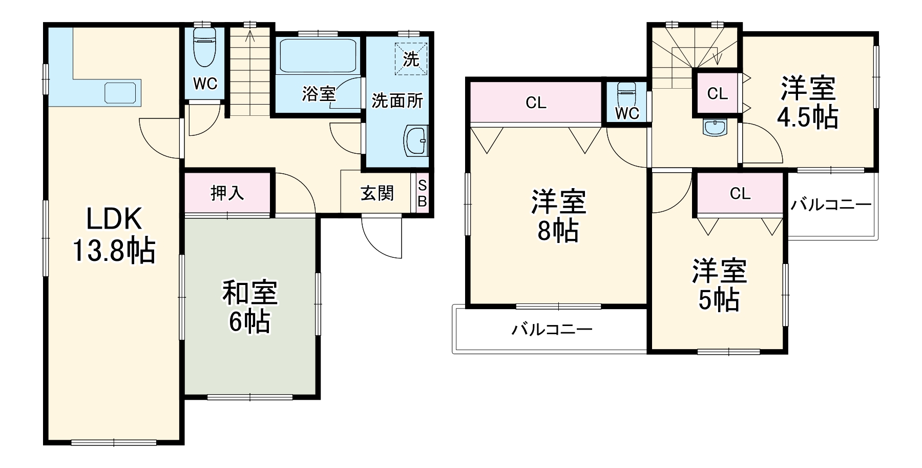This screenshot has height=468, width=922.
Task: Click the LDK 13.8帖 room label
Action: (x=114, y=235)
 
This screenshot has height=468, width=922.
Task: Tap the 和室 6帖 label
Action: (x=249, y=307)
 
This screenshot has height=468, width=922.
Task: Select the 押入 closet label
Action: (x=227, y=193)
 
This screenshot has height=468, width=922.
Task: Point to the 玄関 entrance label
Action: (x=377, y=193)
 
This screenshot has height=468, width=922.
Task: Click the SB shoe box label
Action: (x=422, y=193)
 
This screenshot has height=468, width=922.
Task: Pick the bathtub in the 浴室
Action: (x=318, y=55)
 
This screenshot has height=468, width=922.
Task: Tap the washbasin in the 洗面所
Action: (x=416, y=140)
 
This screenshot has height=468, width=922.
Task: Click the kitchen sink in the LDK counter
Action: (x=122, y=93)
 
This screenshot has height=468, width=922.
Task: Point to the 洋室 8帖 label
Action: (x=558, y=216)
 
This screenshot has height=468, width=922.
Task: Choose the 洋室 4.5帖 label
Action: (x=808, y=102)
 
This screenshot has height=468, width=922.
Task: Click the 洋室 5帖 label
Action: (x=719, y=286)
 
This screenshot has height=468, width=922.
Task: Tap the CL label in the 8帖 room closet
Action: (x=536, y=103)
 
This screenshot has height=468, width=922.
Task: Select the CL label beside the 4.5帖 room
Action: (x=717, y=93)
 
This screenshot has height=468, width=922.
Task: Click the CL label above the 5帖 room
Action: (x=740, y=193)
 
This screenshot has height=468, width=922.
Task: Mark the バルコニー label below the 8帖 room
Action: (x=552, y=329)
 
